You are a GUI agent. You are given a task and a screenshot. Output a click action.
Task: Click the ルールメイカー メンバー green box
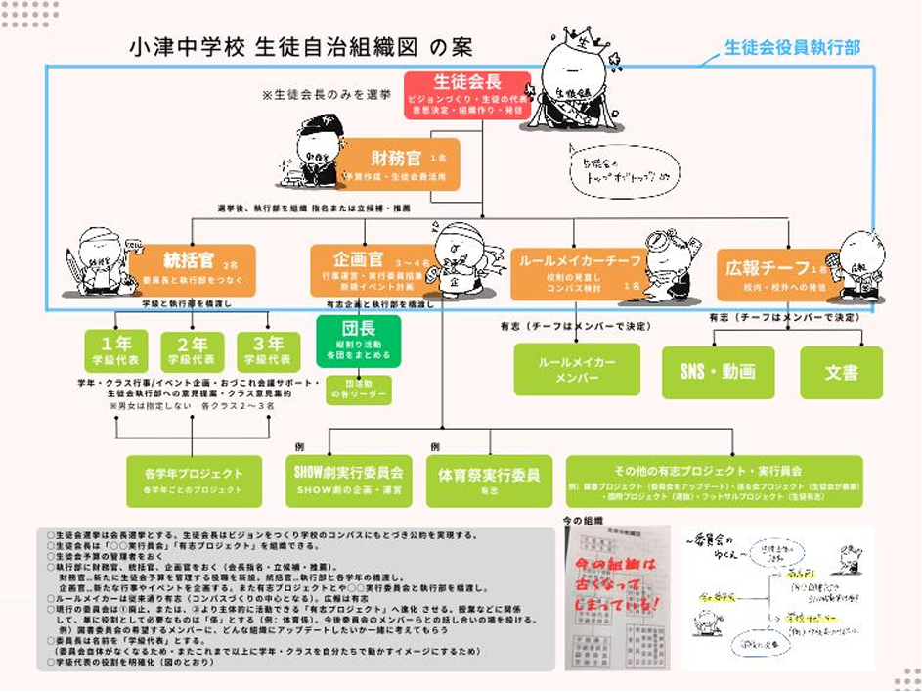(x=577, y=369)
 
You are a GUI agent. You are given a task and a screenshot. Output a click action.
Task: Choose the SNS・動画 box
(x=718, y=373)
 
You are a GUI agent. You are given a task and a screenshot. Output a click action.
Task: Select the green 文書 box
(x=841, y=373)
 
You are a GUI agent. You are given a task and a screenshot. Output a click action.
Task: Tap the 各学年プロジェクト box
(x=194, y=480)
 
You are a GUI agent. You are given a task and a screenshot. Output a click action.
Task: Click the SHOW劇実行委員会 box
(x=349, y=480)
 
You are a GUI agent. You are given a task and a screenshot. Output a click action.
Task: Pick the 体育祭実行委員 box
(x=489, y=480)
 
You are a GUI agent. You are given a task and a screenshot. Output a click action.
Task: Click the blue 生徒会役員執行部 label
(x=793, y=46)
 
